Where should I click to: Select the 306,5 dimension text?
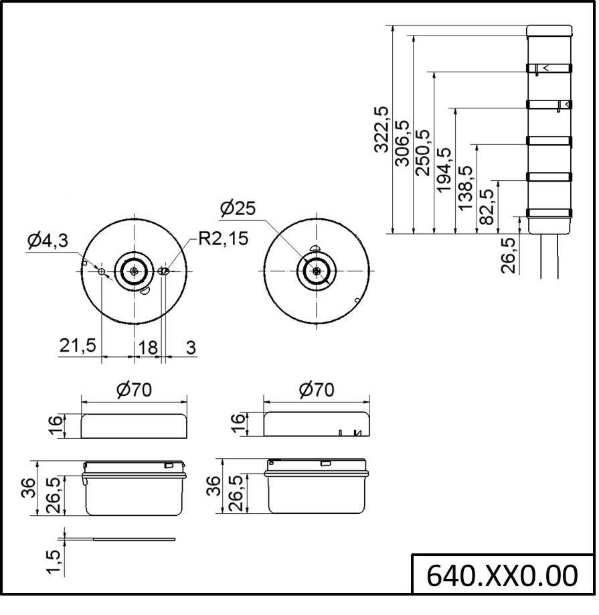[403, 143]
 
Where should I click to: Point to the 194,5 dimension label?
[444, 171]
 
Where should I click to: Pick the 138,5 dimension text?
[465, 188]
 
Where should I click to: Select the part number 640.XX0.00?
[502, 575]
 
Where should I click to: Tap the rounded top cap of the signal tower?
[549, 31]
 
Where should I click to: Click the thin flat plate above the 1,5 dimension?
[135, 539]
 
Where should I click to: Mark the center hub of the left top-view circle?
[135, 271]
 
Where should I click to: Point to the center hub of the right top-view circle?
[316, 271]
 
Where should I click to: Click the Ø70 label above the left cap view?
[134, 390]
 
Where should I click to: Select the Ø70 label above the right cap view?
[317, 390]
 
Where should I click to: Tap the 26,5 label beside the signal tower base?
[508, 255]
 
